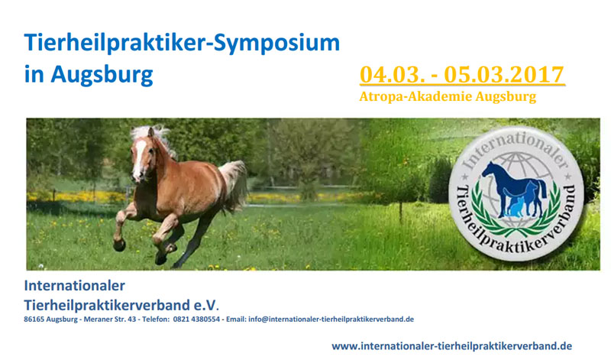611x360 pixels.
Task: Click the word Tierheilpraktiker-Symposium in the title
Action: (182, 44)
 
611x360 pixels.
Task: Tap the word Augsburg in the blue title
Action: (102, 75)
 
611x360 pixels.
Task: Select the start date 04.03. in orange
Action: (392, 74)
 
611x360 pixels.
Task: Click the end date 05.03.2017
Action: (504, 74)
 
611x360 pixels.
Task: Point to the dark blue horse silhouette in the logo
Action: (513, 187)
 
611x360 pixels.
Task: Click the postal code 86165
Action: (34, 319)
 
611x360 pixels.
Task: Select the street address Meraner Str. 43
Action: (110, 319)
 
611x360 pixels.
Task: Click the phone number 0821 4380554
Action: (196, 319)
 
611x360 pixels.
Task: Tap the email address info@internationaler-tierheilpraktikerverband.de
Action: (331, 319)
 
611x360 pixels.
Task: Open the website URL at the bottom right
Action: (451, 346)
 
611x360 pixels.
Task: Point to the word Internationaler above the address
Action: (74, 286)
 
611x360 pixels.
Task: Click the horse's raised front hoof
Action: (119, 245)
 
